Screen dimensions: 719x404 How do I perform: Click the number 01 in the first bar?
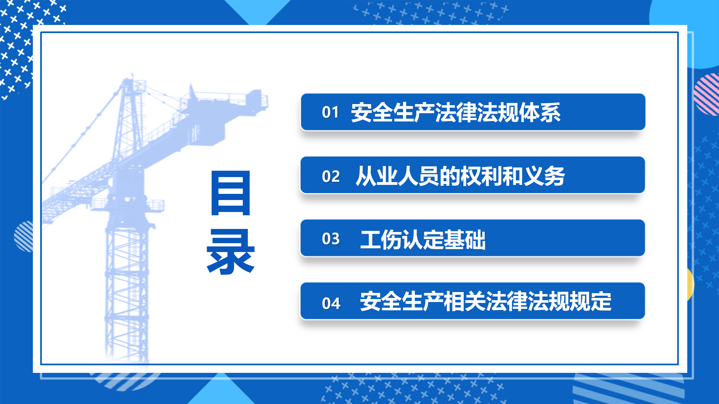(x=330, y=112)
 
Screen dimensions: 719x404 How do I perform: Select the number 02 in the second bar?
(x=331, y=176)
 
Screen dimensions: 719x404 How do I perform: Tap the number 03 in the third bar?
(x=331, y=239)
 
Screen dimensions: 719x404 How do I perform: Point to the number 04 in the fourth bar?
(x=331, y=303)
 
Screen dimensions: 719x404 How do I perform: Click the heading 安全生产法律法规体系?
(x=456, y=112)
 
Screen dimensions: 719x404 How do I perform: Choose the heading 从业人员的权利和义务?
(x=460, y=176)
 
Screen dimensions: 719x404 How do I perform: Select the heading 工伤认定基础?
(x=423, y=239)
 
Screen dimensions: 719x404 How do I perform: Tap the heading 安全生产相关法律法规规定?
(x=486, y=301)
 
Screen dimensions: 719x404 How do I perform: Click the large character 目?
(x=231, y=193)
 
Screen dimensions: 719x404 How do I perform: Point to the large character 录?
(x=231, y=252)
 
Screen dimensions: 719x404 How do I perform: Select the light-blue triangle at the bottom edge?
(x=222, y=390)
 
